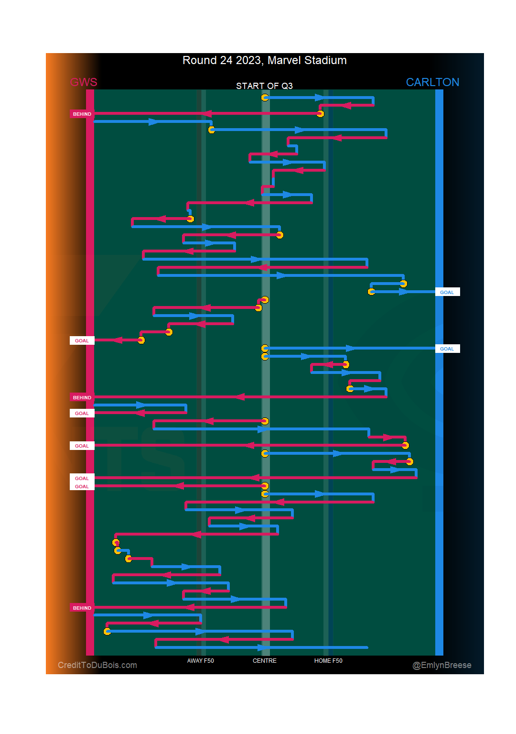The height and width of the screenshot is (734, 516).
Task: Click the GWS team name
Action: click(84, 82)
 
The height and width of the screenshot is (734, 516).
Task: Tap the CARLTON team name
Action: click(432, 82)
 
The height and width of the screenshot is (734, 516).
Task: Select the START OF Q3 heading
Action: click(264, 86)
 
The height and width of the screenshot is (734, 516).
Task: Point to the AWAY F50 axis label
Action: click(200, 661)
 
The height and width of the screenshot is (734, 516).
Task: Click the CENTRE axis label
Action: click(265, 661)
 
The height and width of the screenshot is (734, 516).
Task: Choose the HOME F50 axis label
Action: click(328, 661)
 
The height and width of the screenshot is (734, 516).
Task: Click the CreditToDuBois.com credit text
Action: click(97, 665)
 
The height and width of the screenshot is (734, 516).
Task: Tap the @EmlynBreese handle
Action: click(442, 665)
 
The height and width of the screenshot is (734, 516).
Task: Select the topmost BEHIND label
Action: click(82, 114)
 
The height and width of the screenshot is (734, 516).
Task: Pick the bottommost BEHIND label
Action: click(82, 608)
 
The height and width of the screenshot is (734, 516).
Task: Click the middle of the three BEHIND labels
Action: click(82, 398)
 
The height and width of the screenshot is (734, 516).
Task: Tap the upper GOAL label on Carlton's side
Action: click(447, 292)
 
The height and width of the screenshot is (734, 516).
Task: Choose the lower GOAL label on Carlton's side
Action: click(447, 349)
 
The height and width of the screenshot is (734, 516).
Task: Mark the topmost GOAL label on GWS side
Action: click(82, 341)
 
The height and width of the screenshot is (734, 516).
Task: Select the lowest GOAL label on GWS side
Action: click(82, 487)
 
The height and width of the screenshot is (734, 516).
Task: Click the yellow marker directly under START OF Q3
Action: click(265, 98)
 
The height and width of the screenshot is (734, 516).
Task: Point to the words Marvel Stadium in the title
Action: click(307, 60)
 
